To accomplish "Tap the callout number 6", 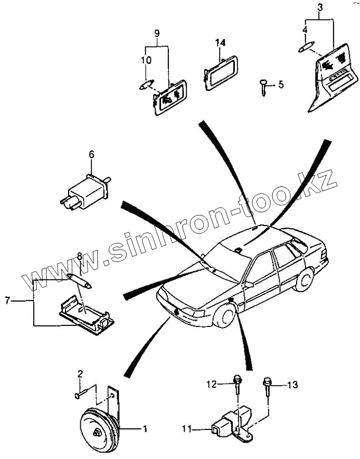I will pos(91,154).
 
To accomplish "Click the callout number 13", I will pos(292,385).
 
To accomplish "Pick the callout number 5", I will pos(281,84).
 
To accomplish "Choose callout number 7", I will pos(7,301).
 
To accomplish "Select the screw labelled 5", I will pos(263,86).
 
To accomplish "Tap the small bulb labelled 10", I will pos(146,84).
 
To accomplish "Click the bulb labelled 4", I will pos(306,48).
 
